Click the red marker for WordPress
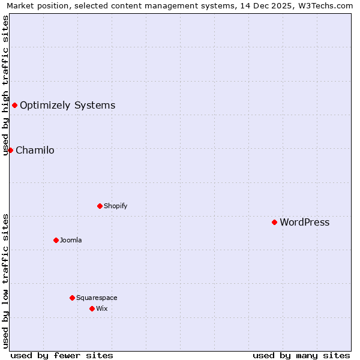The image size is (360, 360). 274,222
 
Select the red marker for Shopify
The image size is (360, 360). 100,206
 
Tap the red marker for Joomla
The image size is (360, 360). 56,240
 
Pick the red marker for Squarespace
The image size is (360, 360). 72,298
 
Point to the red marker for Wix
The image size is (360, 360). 92,308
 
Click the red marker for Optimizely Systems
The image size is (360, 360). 14,106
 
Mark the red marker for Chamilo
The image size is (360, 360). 10,150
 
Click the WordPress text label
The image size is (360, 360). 304,223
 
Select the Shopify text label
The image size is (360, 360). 115,206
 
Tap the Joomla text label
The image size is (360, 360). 71,241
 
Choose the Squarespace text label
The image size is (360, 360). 97,298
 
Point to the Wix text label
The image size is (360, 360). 102,309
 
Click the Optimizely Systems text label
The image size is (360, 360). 67,106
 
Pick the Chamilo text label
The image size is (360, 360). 35,151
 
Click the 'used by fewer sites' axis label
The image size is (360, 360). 62,355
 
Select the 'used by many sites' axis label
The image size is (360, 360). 301,355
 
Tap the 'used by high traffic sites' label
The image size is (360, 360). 6,85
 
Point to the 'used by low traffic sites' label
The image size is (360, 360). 6,281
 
